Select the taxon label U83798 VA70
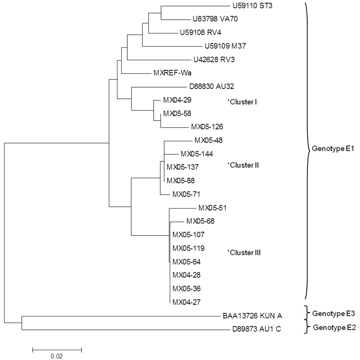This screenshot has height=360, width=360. point(215,19)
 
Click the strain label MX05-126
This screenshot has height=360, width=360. point(207,127)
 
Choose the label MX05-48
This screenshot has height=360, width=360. point(208,140)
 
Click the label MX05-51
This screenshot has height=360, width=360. point(212,208)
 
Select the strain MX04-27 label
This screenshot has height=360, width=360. point(187,302)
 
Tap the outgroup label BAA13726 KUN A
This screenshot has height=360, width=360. point(252,316)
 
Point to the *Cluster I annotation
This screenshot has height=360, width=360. point(242,102)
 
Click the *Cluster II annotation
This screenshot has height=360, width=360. point(243,165)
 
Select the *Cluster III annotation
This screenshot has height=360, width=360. point(244,252)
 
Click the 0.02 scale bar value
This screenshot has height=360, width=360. point(57,355)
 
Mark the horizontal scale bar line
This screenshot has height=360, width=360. point(57,349)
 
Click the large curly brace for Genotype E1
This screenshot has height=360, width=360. point(307,149)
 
